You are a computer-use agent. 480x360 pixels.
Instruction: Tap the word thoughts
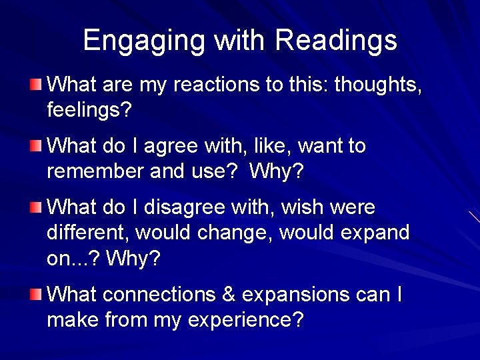377,85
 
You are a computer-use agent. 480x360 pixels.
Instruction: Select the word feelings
89,110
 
